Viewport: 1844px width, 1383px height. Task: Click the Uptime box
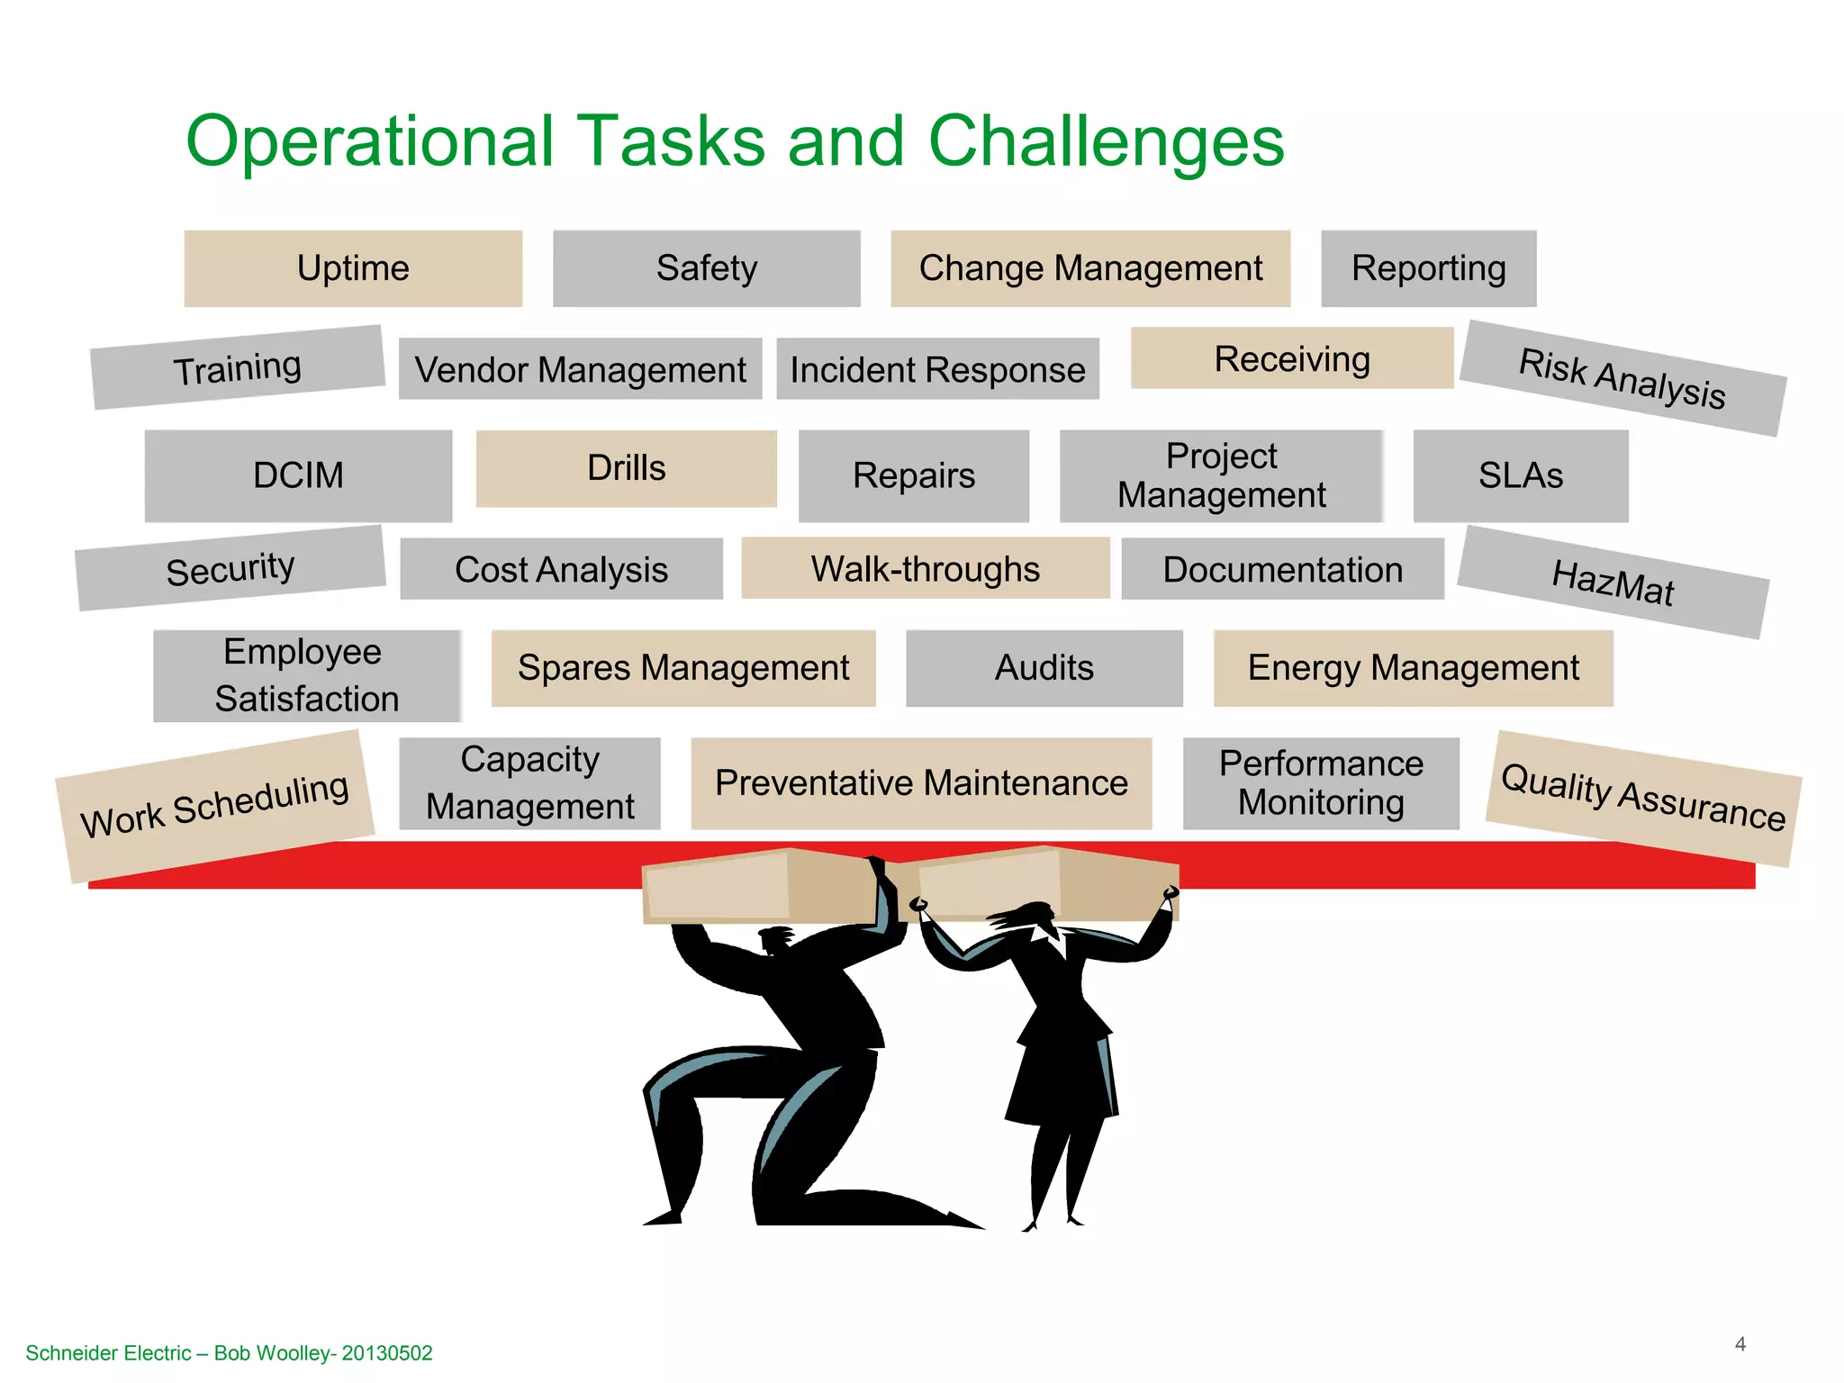(353, 268)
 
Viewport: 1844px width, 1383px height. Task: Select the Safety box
(707, 268)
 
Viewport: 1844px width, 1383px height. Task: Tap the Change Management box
(1090, 268)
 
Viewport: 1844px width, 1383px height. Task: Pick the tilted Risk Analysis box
(1623, 378)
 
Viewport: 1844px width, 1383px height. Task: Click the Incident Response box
(937, 369)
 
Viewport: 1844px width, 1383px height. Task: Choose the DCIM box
(298, 475)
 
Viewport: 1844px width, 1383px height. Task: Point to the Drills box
(626, 468)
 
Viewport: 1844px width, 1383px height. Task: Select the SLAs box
(1521, 475)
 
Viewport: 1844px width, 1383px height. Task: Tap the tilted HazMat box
(1613, 583)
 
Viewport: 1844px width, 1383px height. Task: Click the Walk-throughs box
(925, 569)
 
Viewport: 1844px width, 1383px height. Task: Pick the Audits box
(1044, 668)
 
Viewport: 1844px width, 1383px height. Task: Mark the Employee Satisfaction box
(306, 675)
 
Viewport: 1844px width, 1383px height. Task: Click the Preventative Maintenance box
(921, 783)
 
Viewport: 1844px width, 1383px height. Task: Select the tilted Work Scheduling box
(214, 806)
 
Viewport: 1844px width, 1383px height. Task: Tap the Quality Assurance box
(1643, 798)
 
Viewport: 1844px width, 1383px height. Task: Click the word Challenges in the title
(1106, 141)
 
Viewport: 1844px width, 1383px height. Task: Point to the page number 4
(1740, 1344)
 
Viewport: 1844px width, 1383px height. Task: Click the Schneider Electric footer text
(229, 1353)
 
